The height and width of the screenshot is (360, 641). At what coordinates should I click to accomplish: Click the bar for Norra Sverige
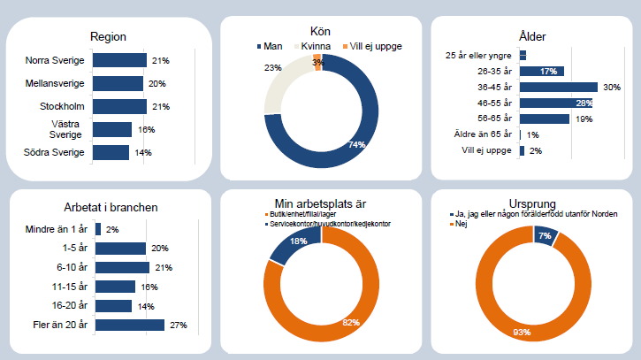120,60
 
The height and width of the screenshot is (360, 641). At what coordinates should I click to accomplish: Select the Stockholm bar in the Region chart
120,107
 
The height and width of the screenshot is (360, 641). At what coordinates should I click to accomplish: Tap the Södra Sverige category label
56,152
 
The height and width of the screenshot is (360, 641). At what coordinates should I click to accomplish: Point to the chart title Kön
321,31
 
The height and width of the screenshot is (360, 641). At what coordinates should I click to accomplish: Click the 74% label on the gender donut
356,145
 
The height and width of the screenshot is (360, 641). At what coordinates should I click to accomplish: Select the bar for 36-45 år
559,87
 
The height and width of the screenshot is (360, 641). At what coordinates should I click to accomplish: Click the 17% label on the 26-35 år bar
548,72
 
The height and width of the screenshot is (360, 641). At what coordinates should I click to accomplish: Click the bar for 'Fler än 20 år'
130,325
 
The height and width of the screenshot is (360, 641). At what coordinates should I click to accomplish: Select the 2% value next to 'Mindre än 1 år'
112,230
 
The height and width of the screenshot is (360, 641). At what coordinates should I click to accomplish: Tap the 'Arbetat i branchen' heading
111,208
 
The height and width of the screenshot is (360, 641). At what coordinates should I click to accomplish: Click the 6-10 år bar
122,267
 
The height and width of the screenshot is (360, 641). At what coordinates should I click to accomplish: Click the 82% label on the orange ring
351,322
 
